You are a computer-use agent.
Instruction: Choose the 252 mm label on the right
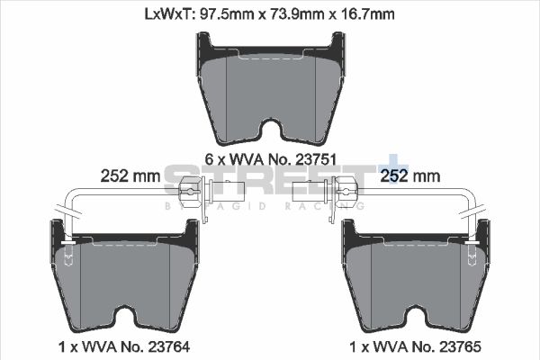tap(412, 175)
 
